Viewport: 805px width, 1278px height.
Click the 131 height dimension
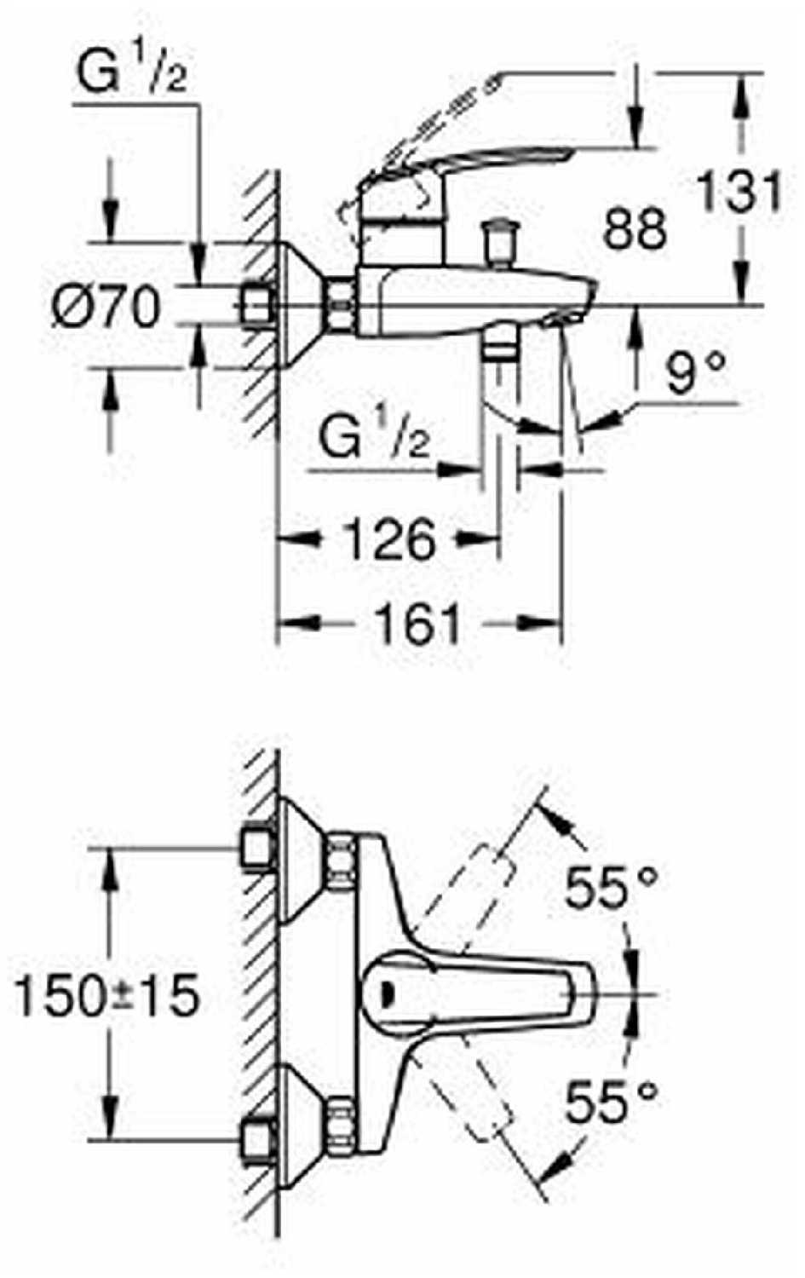click(x=739, y=193)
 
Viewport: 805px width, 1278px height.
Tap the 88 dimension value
click(x=635, y=228)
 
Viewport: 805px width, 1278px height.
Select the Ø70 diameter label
click(x=106, y=307)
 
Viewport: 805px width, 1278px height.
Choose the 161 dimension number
click(x=418, y=625)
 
